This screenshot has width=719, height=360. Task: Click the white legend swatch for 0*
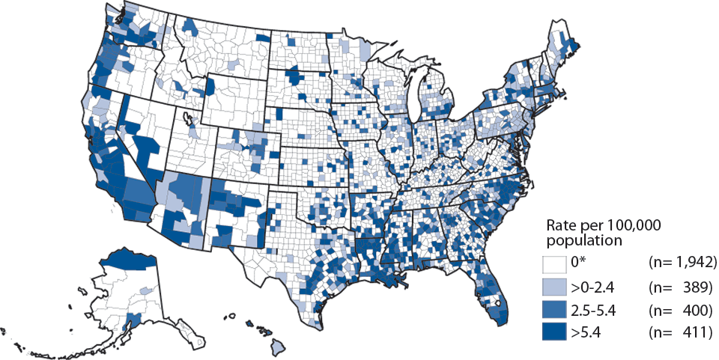click(x=554, y=263)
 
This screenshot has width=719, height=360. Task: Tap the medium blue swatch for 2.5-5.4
click(x=554, y=309)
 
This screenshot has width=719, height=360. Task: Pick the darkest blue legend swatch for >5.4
click(x=554, y=332)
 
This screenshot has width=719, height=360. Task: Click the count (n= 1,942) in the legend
click(x=682, y=263)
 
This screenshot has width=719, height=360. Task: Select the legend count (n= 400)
click(x=682, y=309)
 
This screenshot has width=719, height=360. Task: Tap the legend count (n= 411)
click(x=682, y=332)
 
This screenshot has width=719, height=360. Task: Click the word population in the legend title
click(x=584, y=240)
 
